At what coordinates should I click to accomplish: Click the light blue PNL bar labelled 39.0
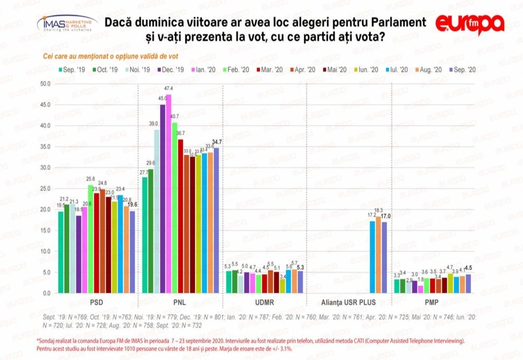point(156,211)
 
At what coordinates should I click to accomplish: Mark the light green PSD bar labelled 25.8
point(90,239)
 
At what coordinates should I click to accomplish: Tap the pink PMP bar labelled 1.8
point(420,289)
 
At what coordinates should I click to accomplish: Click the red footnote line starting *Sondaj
point(251,341)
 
